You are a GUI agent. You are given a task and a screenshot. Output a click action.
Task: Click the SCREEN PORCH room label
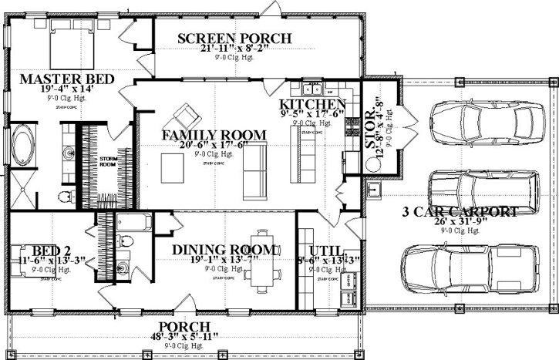234,39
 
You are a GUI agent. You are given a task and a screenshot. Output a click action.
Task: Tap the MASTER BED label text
68,79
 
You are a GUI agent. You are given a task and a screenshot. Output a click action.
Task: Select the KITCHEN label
311,105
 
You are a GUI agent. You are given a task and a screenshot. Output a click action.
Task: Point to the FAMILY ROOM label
214,135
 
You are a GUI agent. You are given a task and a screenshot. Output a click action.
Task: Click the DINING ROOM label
224,250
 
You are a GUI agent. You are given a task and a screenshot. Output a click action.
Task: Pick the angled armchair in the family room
186,116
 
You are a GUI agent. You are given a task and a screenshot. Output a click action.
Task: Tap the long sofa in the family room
254,170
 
